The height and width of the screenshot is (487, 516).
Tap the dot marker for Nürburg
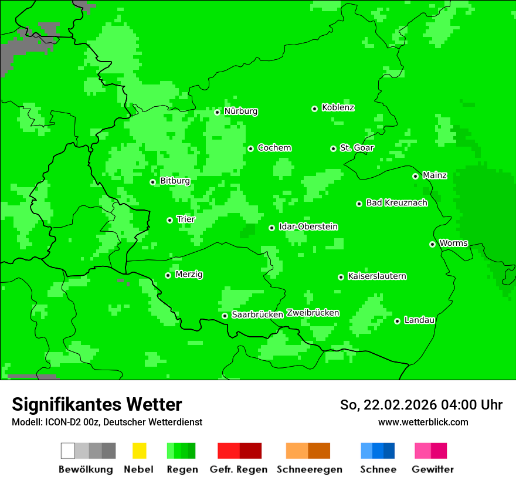pyautogui.click(x=217, y=112)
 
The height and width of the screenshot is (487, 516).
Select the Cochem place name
pyautogui.click(x=274, y=148)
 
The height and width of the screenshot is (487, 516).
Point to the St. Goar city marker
pyautogui.click(x=333, y=149)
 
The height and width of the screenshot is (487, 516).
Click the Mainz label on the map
pyautogui.click(x=434, y=175)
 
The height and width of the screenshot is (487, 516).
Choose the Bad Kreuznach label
pyautogui.click(x=396, y=202)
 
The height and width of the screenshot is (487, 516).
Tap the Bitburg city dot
pyautogui.click(x=152, y=182)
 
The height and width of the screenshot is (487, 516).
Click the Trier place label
pyautogui.click(x=186, y=219)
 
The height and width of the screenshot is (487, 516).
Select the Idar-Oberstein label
pyautogui.click(x=308, y=226)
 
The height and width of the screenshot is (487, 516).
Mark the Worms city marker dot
pyautogui.click(x=432, y=244)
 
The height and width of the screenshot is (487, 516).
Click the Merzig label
pyautogui.click(x=189, y=274)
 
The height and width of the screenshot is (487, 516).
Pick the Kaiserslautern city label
pyautogui.click(x=377, y=276)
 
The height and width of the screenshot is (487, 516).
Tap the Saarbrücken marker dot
pyautogui.click(x=225, y=316)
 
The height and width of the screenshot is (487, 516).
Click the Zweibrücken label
pyautogui.click(x=313, y=313)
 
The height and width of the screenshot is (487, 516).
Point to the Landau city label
pyautogui.click(x=419, y=320)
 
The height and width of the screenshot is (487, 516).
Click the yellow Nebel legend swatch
pyautogui.click(x=139, y=451)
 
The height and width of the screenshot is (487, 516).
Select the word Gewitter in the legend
pyautogui.click(x=433, y=469)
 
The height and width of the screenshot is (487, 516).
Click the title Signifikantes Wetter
pyautogui.click(x=97, y=404)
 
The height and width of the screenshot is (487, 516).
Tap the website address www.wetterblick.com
pyautogui.click(x=423, y=422)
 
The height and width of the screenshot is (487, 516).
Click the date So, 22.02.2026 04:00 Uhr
pyautogui.click(x=421, y=405)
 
